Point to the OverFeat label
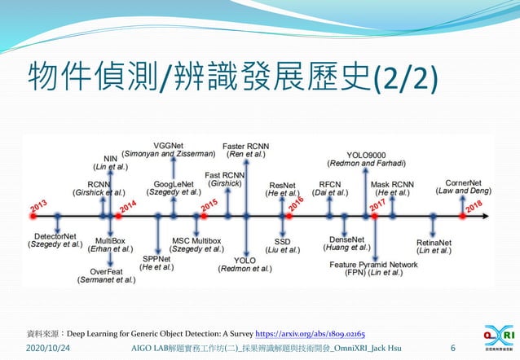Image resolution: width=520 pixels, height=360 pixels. point(106,270)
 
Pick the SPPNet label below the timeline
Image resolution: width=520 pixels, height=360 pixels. point(156,257)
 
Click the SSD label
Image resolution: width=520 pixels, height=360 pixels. point(282,242)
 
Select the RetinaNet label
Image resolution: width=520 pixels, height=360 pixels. point(433,242)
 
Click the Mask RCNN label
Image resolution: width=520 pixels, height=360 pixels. point(393,184)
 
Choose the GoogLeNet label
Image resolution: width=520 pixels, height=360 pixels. point(174,184)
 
